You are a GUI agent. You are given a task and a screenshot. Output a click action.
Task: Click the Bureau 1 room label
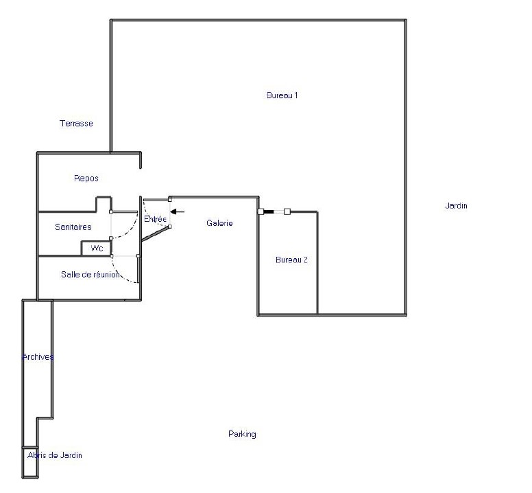pyautogui.click(x=282, y=95)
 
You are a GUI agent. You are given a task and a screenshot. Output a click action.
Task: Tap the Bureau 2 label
pyautogui.click(x=291, y=260)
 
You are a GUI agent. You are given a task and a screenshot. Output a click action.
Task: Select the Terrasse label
pyautogui.click(x=76, y=124)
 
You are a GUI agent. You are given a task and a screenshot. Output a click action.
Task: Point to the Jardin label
pyautogui.click(x=456, y=205)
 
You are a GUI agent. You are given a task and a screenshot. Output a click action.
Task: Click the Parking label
pyautogui.click(x=242, y=434)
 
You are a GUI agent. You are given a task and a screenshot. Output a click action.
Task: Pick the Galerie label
pyautogui.click(x=219, y=223)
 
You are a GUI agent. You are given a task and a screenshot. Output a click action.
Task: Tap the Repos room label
pyautogui.click(x=86, y=178)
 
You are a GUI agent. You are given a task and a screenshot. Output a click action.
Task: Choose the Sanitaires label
pyautogui.click(x=73, y=227)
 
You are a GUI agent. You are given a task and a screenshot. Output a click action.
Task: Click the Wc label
pyautogui.click(x=97, y=249)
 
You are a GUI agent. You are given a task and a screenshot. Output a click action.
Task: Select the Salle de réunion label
pyautogui.click(x=90, y=274)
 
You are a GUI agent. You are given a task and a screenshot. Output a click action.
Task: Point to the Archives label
pyautogui.click(x=38, y=357)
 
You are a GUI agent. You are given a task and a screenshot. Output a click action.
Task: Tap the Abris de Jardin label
pyautogui.click(x=55, y=455)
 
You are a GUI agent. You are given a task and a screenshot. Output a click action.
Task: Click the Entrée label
pyautogui.click(x=155, y=219)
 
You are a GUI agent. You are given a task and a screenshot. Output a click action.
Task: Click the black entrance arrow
pyautogui.click(x=177, y=211)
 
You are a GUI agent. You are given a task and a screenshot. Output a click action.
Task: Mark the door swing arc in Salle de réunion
pyautogui.click(x=121, y=274)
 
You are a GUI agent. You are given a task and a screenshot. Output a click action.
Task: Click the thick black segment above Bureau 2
pyautogui.click(x=269, y=211)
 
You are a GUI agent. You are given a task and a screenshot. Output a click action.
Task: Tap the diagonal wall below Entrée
pyautogui.click(x=155, y=234)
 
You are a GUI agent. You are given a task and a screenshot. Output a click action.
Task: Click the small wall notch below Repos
pyautogui.click(x=104, y=203)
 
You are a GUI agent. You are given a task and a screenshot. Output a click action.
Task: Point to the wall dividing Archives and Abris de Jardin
pyautogui.click(x=30, y=448)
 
